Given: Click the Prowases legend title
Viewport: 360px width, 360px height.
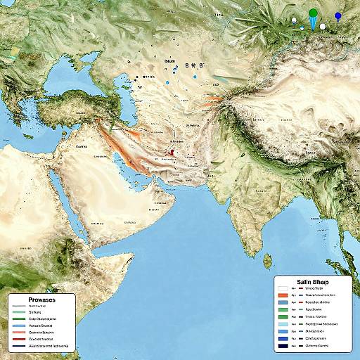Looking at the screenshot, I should point(43,300).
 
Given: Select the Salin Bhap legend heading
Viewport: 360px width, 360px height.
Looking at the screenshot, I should point(310,281).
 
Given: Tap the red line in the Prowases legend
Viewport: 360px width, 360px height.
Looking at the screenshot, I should point(19,339).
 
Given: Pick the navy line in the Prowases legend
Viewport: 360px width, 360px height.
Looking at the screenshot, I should point(19,347).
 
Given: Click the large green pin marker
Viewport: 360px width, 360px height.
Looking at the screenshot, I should point(313,14).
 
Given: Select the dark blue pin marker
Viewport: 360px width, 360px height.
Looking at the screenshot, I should point(338,16).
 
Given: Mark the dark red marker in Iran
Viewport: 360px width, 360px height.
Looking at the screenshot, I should point(172,151).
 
